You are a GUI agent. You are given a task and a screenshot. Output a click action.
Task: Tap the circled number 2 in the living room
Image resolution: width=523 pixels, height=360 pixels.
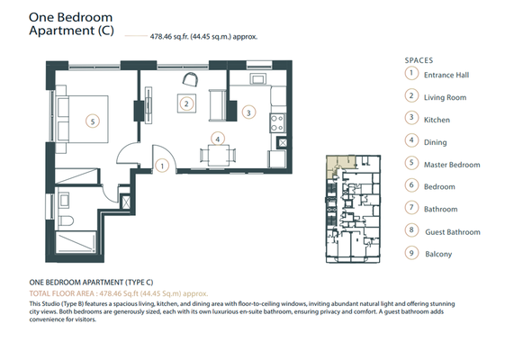(185, 103)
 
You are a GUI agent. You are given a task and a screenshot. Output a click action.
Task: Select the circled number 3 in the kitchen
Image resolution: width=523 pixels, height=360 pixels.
(249, 112)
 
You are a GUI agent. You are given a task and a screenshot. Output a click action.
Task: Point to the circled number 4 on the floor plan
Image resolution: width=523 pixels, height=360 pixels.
(216, 139)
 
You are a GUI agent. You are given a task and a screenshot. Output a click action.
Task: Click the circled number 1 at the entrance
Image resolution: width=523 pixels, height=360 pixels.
(161, 165)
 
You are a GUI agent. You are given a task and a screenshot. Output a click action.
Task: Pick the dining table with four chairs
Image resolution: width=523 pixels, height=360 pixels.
(216, 153)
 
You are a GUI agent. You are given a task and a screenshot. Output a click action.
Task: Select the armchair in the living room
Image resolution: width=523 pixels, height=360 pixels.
(189, 80)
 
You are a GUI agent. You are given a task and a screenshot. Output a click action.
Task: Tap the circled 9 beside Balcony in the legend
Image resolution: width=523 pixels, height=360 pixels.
(411, 254)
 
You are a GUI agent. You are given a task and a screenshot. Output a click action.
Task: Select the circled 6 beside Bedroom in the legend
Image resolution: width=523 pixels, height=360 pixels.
(411, 186)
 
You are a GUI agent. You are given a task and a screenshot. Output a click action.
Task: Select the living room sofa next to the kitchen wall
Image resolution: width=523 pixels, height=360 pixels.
(217, 103)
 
